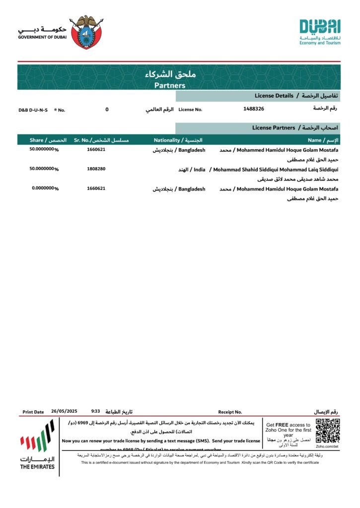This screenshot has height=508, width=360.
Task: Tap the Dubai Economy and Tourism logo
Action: click(x=320, y=32)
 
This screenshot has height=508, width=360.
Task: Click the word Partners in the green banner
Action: click(x=170, y=85)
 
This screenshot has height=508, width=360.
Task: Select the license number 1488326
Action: click(x=254, y=109)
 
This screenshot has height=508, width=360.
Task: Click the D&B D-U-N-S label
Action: click(x=33, y=110)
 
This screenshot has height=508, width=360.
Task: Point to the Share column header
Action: click(x=36, y=140)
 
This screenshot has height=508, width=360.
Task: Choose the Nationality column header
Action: click(x=169, y=140)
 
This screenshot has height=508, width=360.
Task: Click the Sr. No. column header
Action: click(x=82, y=140)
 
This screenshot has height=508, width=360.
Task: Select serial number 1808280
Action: click(x=96, y=169)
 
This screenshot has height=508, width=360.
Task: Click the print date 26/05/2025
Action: click(x=64, y=411)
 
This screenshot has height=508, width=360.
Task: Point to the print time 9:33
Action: click(x=96, y=411)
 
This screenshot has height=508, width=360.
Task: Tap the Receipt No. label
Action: click(x=230, y=412)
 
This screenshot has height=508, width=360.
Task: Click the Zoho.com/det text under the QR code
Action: click(x=327, y=446)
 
